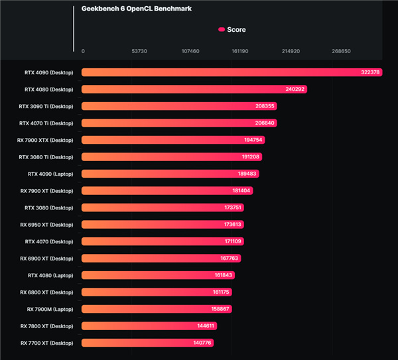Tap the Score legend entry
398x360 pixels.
(x=232, y=30)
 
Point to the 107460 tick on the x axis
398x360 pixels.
(x=190, y=51)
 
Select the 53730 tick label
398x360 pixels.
(x=139, y=51)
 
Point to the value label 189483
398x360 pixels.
(x=246, y=174)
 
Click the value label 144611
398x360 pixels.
(x=203, y=326)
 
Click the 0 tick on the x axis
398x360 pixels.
(x=83, y=51)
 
